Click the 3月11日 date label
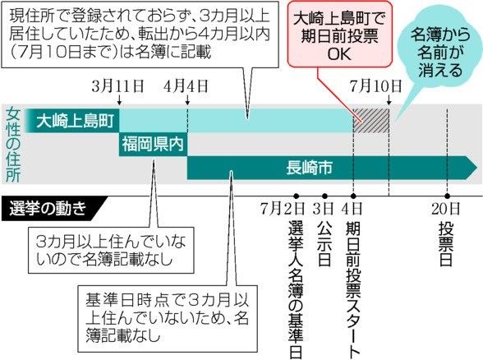click(x=117, y=86)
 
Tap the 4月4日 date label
click(x=186, y=86)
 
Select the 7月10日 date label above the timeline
click(x=376, y=86)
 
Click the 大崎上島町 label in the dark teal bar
click(x=76, y=121)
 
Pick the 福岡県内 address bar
click(x=154, y=145)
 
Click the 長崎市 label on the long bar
click(x=309, y=168)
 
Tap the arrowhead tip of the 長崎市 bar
click(x=478, y=168)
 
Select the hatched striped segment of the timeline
click(x=371, y=121)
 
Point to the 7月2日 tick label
click(x=283, y=209)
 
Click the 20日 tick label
click(x=445, y=209)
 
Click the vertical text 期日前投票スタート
click(x=353, y=289)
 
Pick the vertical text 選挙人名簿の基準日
click(x=296, y=289)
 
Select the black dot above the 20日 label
click(x=447, y=196)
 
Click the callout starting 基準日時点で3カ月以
click(x=168, y=318)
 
